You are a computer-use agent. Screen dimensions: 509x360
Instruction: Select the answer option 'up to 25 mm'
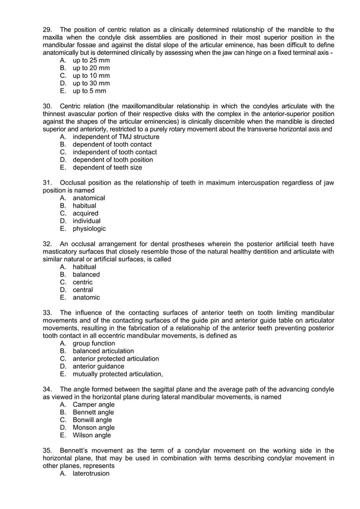[91, 60]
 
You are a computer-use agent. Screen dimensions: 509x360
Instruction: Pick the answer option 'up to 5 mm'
[89, 91]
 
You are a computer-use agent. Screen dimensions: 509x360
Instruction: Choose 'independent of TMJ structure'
[116, 137]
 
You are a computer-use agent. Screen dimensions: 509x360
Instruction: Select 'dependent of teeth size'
[107, 167]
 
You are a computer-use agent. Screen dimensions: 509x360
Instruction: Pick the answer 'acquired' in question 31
[85, 213]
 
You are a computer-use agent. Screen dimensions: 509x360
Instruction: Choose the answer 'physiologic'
[89, 229]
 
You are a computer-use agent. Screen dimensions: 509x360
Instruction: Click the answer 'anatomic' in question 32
[86, 297]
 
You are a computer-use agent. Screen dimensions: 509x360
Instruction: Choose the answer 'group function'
[94, 343]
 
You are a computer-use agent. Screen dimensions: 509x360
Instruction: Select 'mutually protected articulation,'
[118, 374]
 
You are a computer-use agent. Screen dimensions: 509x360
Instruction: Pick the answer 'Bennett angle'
[93, 412]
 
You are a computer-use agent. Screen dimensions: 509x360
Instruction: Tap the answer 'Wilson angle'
[92, 435]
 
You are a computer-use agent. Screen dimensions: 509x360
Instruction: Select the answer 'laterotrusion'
[91, 473]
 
